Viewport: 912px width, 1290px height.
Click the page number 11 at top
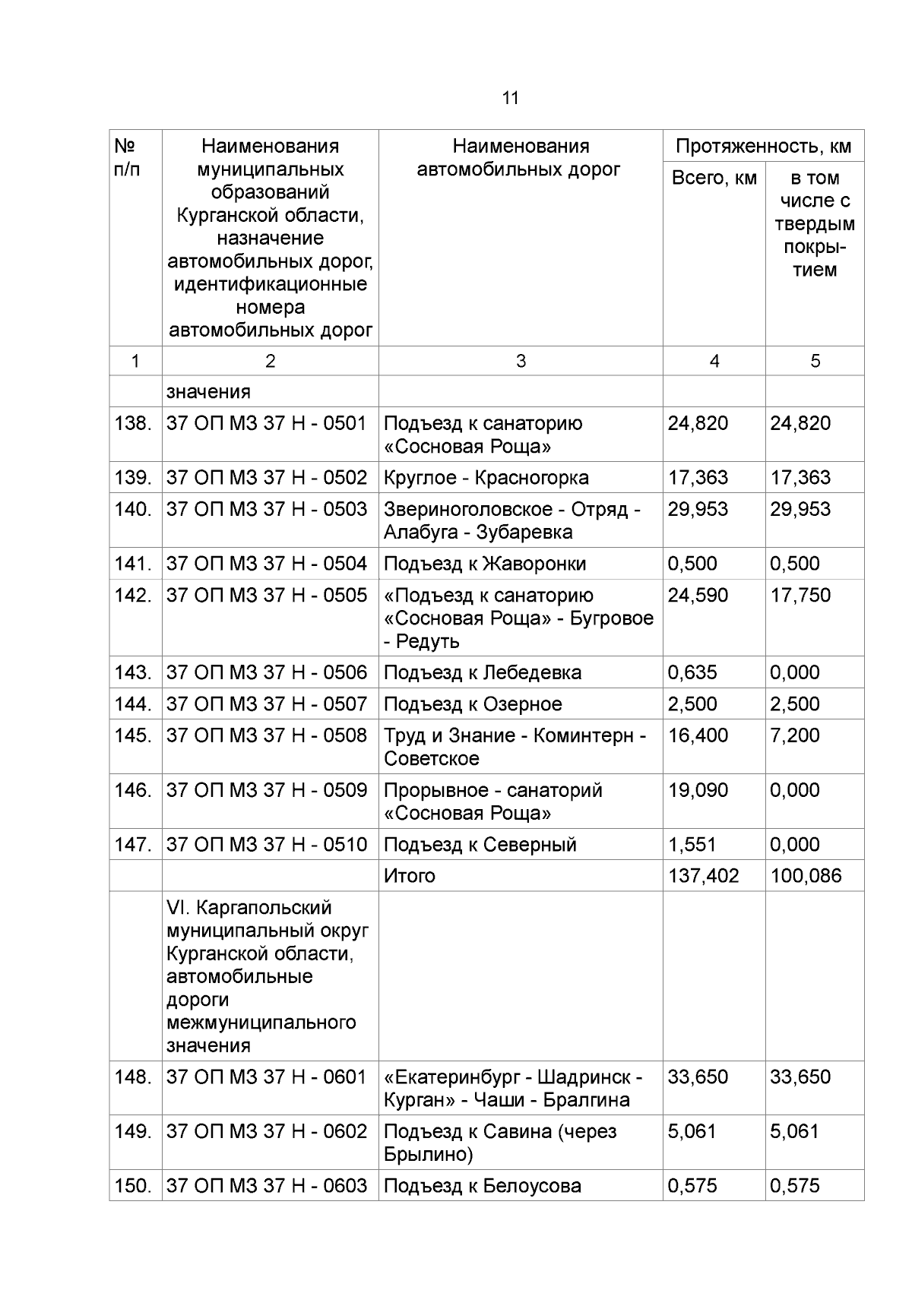click(x=511, y=98)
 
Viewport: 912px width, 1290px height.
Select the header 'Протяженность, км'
click(x=763, y=146)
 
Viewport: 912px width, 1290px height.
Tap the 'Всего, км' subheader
click(x=714, y=178)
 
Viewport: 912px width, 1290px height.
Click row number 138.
click(x=133, y=423)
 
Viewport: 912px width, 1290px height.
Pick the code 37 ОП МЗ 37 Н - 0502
click(x=267, y=478)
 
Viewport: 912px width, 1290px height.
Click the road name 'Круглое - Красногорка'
click(x=486, y=478)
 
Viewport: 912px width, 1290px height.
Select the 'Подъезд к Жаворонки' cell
click(x=484, y=564)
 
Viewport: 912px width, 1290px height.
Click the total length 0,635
click(x=692, y=672)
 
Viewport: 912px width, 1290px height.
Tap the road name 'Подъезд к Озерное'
click(x=472, y=704)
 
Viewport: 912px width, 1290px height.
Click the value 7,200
click(x=794, y=735)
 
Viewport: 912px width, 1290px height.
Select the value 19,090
click(x=698, y=790)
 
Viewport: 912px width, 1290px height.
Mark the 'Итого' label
click(x=409, y=876)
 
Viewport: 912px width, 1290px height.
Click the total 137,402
click(x=703, y=876)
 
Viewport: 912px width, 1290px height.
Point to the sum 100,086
click(x=806, y=876)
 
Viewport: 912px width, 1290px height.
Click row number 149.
click(x=133, y=1132)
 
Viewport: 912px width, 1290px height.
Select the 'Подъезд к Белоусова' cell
click(x=482, y=1186)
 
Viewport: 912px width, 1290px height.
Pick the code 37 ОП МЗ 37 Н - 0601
click(x=266, y=1077)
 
